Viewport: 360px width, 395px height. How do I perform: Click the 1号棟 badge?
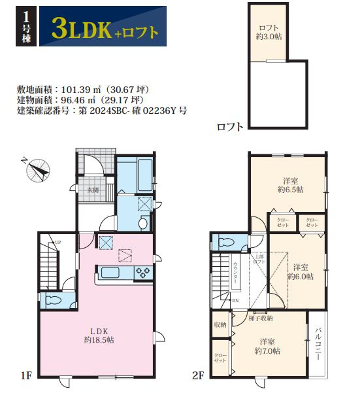click(x=24, y=27)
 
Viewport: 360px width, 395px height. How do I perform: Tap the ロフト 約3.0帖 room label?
click(x=269, y=32)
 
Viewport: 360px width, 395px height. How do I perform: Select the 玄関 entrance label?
click(x=93, y=190)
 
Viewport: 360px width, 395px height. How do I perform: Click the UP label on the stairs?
click(x=58, y=243)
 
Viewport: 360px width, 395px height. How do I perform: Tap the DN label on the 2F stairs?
click(x=235, y=300)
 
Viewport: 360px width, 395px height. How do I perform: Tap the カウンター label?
click(x=235, y=271)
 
